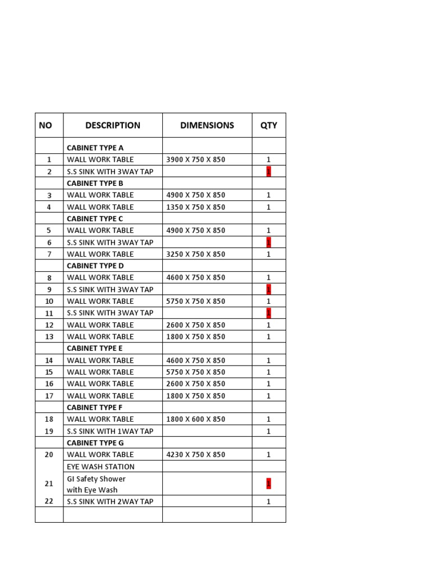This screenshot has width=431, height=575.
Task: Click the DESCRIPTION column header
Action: [113, 125]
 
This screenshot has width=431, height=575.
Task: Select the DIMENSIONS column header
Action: [207, 125]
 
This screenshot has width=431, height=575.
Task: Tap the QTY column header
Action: [269, 125]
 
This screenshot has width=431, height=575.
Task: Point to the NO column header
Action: [45, 125]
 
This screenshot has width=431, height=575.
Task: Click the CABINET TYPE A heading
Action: [95, 148]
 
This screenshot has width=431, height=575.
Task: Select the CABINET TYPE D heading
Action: [95, 266]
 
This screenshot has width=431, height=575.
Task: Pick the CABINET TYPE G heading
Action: [95, 442]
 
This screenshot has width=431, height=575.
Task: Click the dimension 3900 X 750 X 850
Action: [196, 159]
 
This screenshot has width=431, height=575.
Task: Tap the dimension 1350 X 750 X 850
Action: [196, 207]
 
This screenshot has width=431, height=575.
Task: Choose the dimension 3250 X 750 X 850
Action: [196, 254]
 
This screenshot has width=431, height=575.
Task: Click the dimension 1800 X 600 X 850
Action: [196, 419]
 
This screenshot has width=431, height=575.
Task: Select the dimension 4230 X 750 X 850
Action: [196, 454]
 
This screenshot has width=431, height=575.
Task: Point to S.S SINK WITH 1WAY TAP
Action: [110, 431]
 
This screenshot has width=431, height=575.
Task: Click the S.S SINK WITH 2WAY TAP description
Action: [110, 501]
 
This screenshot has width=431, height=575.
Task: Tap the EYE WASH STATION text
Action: [101, 467]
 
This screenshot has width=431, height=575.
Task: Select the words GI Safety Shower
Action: [97, 479]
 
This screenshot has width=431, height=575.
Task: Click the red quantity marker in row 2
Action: [269, 171]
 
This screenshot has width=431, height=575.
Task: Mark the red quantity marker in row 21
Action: [269, 483]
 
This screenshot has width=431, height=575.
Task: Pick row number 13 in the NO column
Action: [49, 337]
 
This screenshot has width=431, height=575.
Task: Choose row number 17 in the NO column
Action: [49, 396]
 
